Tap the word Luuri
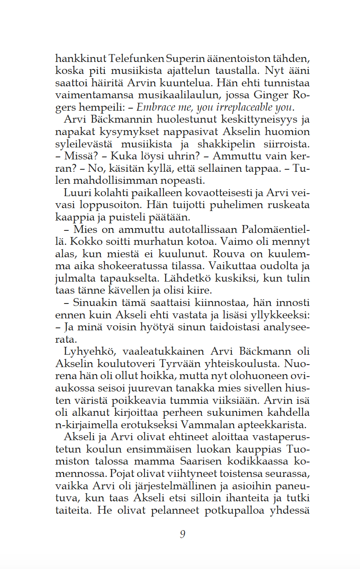(x=76, y=193)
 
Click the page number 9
(x=182, y=534)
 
